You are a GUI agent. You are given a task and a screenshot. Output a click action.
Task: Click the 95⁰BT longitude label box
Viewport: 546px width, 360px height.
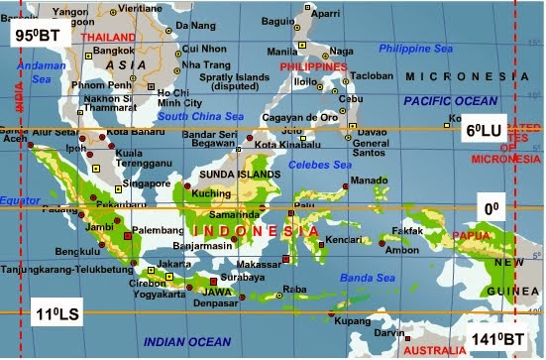pyautogui.click(x=36, y=36)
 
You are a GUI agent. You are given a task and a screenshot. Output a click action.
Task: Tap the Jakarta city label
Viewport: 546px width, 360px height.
pyautogui.click(x=174, y=264)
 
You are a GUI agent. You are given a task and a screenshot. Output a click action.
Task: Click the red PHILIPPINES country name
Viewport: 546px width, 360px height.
pyautogui.click(x=315, y=66)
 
